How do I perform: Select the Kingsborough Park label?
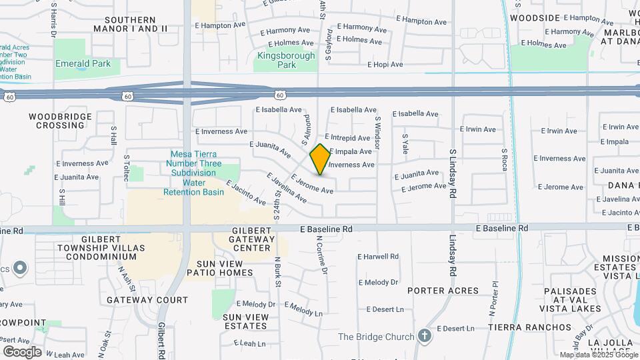[286, 60]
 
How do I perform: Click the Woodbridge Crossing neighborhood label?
[56, 121]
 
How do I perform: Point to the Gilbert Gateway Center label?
[253, 239]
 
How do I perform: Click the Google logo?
[22, 351]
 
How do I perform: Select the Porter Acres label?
[443, 291]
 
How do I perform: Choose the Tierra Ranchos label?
[530, 327]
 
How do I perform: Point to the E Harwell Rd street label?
[378, 256]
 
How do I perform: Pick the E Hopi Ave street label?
[385, 65]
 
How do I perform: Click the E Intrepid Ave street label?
[347, 138]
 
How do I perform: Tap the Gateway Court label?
[148, 300]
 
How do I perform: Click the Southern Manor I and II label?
[131, 25]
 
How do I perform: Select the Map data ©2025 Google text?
[599, 355]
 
